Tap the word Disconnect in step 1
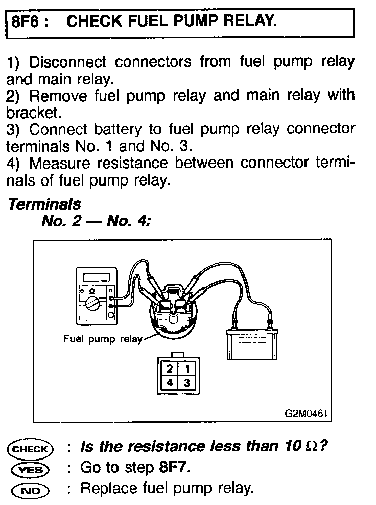[67, 63]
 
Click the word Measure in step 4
[57, 164]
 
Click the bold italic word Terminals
[45, 204]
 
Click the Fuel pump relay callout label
[103, 339]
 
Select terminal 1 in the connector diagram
[187, 369]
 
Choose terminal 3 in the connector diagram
[187, 382]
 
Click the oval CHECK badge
[30, 449]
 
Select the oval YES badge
[30, 469]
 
